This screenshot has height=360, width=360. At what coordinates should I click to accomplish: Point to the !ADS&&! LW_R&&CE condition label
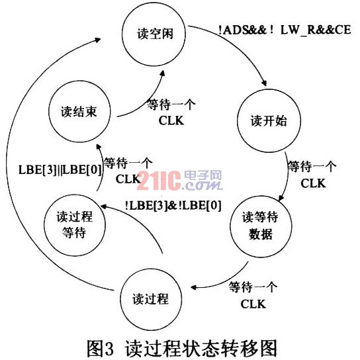pos(285,30)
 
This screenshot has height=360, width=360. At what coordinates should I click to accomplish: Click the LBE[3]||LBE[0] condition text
pos(60,170)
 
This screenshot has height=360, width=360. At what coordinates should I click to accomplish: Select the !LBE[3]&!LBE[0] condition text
pos(173,205)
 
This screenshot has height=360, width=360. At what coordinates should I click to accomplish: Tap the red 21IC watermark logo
pos(159,181)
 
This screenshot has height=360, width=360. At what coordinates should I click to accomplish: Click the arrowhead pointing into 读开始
pos(264,83)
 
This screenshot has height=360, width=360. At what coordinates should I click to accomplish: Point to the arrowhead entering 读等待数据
pos(281,198)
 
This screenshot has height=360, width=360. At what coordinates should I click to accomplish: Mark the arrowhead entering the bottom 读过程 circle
pos(194,287)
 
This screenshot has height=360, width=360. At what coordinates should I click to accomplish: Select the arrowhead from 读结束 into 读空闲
pos(163,73)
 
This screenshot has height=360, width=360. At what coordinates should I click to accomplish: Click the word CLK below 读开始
pos(313,183)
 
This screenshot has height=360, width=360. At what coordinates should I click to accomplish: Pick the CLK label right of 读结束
pos(171,120)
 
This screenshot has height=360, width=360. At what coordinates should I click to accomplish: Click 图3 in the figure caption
pos(101,348)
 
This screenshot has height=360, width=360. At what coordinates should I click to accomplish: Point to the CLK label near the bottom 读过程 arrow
pos(253,304)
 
